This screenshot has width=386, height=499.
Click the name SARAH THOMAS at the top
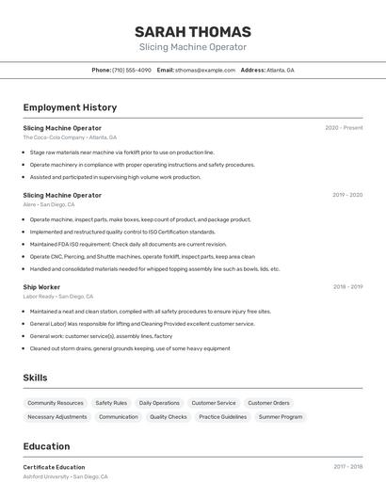193,31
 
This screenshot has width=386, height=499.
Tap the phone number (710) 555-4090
131,71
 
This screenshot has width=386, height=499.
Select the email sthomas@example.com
204,71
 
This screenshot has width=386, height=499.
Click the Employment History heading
70,107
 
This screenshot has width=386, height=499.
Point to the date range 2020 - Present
344,128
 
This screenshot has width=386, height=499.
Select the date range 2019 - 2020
347,195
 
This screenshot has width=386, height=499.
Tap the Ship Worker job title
41,286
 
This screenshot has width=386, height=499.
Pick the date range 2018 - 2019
347,286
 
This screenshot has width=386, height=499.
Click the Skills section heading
36,378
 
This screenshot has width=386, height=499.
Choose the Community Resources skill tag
56,403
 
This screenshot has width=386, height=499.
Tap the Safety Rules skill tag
111,403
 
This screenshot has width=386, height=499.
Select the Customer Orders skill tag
268,403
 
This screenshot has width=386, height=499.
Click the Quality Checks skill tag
169,416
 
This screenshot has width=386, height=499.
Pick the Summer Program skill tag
281,416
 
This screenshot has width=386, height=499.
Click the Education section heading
46,446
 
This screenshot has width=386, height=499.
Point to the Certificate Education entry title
54,467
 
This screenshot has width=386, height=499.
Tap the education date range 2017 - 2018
347,467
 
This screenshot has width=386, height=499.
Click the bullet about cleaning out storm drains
129,348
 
